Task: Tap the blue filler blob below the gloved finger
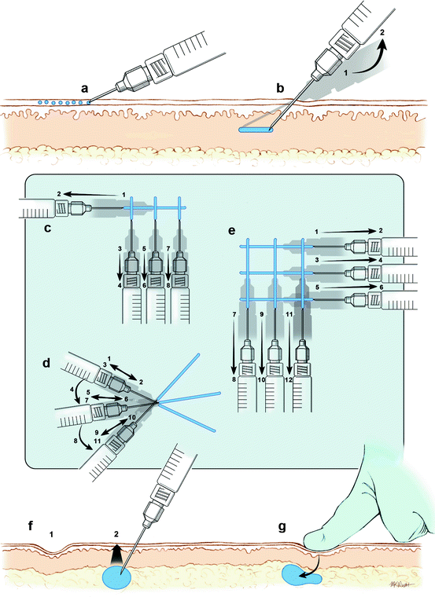click(x=300, y=578)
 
